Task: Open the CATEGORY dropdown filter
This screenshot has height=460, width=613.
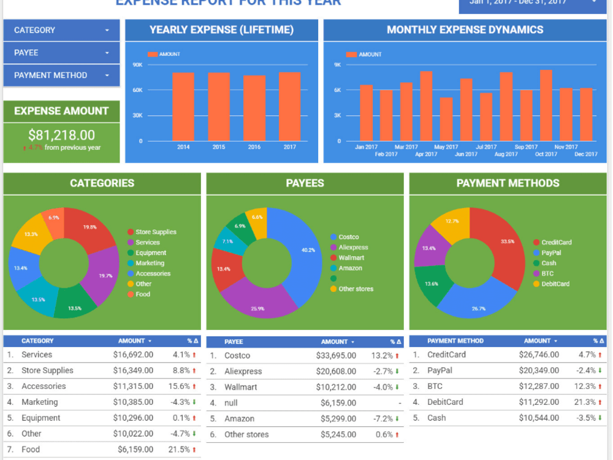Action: pos(61,30)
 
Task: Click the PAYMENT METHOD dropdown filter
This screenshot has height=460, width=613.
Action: pos(61,75)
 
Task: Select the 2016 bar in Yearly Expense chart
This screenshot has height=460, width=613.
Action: pos(254,108)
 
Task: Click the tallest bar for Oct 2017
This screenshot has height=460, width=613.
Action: pos(546,105)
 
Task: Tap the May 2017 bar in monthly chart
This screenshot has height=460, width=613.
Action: pos(446,119)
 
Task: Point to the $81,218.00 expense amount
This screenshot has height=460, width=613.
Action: pos(61,135)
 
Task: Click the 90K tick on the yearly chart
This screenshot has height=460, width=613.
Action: pos(137,64)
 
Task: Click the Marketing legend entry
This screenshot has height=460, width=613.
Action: pos(150,263)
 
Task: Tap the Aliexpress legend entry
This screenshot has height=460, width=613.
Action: pos(353,247)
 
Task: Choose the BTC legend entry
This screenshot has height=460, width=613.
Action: pos(547,274)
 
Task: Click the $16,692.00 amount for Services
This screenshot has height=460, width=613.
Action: pos(133,355)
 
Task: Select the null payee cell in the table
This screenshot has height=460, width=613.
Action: pos(231,403)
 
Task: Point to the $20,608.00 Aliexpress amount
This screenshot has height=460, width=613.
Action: pos(336,371)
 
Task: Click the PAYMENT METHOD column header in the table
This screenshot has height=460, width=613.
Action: pos(455,341)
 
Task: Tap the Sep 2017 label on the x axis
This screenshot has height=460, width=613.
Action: pos(526,147)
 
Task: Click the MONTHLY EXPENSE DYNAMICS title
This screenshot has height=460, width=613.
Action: pos(465,29)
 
